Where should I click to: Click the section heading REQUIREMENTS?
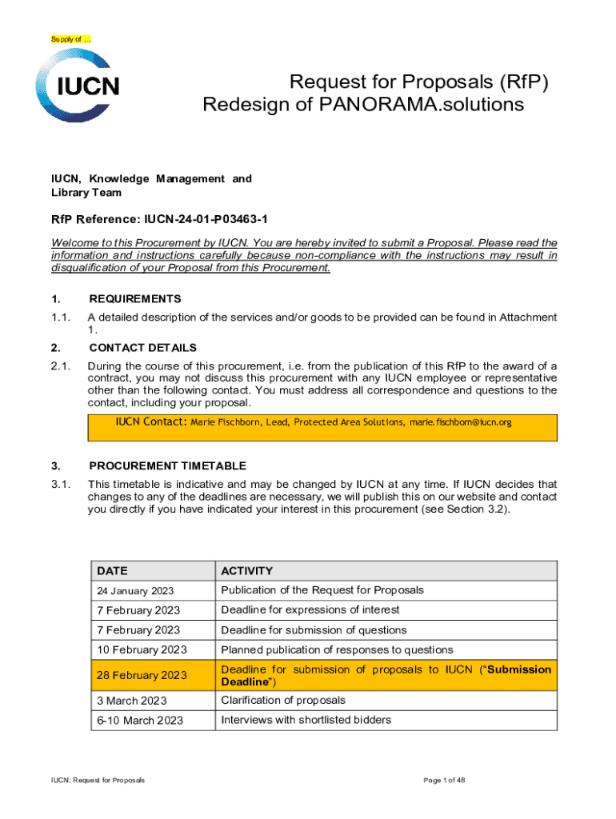click(x=134, y=298)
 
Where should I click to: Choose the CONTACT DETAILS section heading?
click(x=142, y=348)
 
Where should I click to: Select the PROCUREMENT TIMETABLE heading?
click(x=167, y=465)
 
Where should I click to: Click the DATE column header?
click(x=112, y=571)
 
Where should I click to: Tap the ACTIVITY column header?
click(x=246, y=571)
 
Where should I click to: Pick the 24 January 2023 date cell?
click(x=135, y=591)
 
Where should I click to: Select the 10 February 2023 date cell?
click(x=142, y=649)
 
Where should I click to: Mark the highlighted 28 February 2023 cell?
click(x=142, y=676)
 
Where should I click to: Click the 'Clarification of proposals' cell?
click(x=283, y=701)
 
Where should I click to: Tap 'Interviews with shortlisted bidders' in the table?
click(x=306, y=720)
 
